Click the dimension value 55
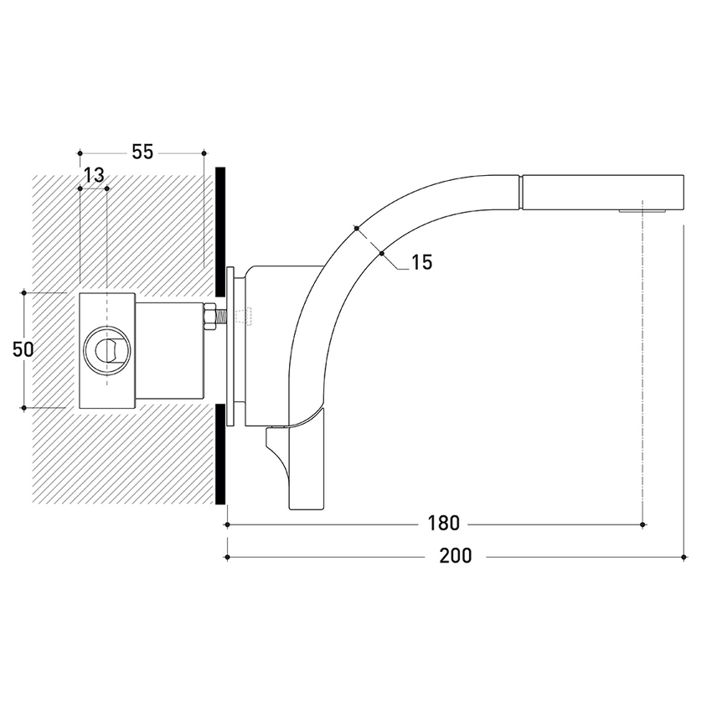[x=142, y=152]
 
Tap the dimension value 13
[x=94, y=174]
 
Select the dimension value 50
[x=23, y=349]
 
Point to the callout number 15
[x=422, y=262]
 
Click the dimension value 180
[x=443, y=524]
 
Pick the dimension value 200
[x=456, y=556]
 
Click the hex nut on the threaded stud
[x=209, y=316]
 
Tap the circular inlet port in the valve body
[x=107, y=349]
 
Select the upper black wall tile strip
[x=220, y=230]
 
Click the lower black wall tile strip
[x=220, y=454]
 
